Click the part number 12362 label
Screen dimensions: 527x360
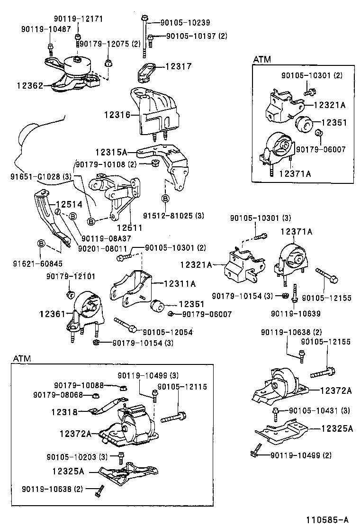(x=30, y=86)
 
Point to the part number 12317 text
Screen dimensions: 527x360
(x=178, y=67)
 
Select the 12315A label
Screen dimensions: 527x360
(x=111, y=152)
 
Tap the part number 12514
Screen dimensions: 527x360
(x=69, y=204)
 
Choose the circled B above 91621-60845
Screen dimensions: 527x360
(x=41, y=244)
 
